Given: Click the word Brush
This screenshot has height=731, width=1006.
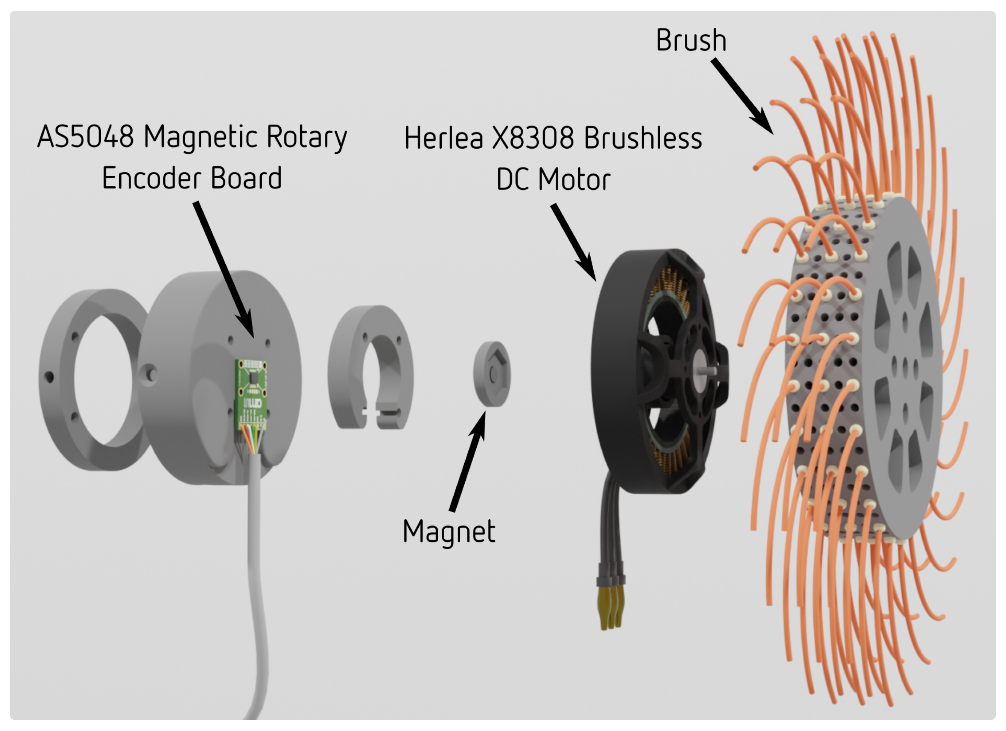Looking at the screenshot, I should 691,40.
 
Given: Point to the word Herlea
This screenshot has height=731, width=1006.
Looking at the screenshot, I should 443,138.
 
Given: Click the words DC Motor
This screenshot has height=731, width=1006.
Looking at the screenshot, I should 553,180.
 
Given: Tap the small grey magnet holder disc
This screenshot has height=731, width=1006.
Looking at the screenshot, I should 491,374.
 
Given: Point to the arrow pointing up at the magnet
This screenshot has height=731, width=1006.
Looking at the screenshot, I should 468,461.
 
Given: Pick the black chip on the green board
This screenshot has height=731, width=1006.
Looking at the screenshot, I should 252,378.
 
